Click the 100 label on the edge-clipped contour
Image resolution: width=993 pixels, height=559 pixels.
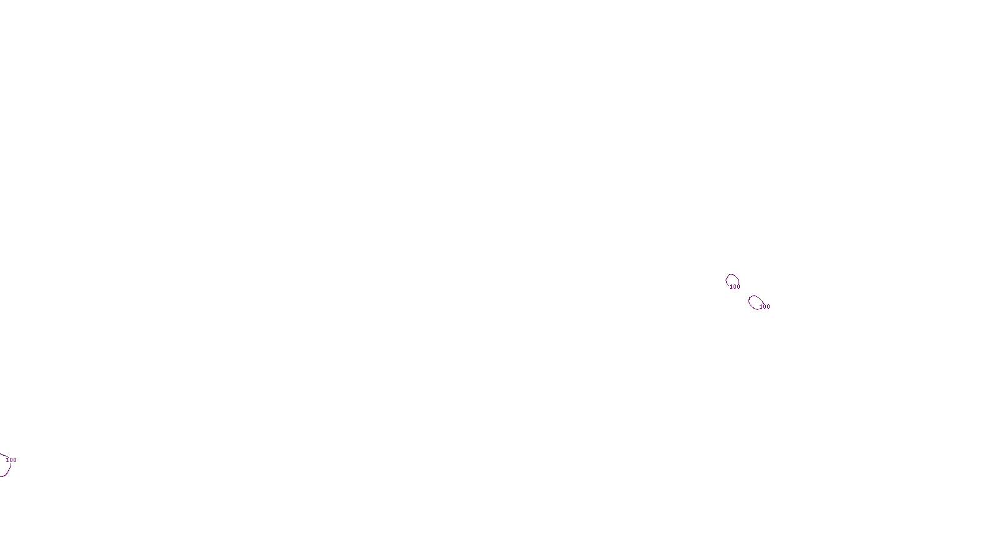[x=11, y=460]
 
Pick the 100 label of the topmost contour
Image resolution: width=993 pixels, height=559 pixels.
[x=735, y=287]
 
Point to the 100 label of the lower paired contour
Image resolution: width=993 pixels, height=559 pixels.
[x=765, y=307]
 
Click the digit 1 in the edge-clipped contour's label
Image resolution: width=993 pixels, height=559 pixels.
[x=7, y=460]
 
